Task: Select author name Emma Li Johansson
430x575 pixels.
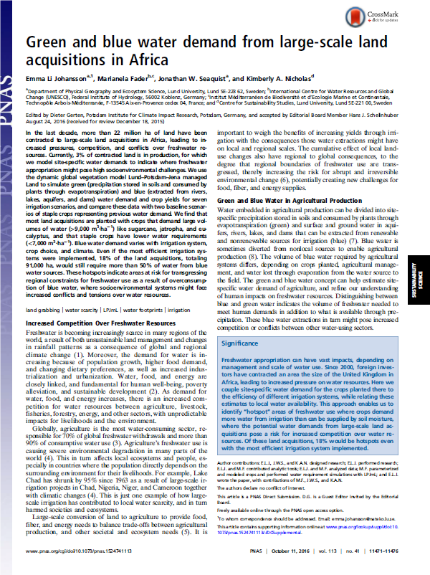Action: [54, 79]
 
